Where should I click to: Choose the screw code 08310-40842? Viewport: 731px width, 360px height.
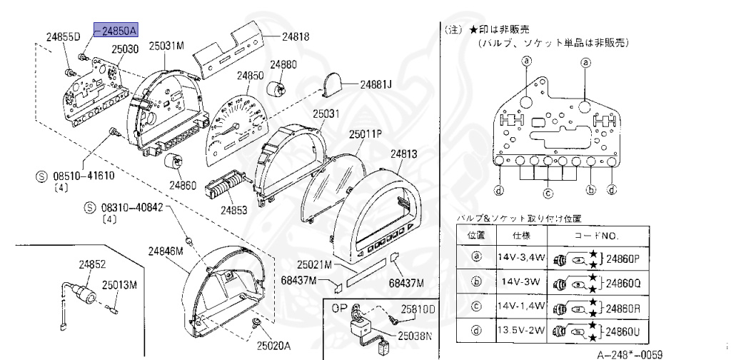[129, 208]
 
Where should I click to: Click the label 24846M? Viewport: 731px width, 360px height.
[166, 251]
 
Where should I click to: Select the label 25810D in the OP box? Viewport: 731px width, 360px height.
[417, 310]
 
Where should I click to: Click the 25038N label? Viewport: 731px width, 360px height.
[416, 334]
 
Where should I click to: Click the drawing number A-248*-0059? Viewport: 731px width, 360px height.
[629, 353]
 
